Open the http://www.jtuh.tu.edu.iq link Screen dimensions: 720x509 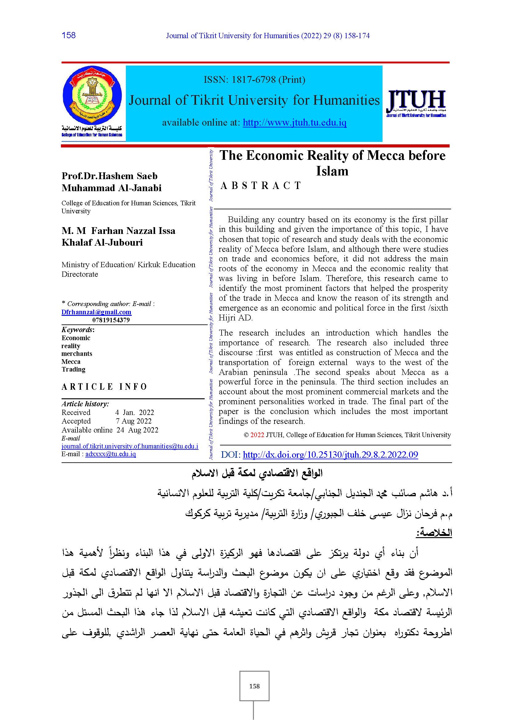(x=295, y=122)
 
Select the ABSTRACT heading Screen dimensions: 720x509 (x=261, y=186)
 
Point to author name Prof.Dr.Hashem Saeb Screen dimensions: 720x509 (x=109, y=176)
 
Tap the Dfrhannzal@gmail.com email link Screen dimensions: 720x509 (x=97, y=312)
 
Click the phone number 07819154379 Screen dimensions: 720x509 (x=111, y=320)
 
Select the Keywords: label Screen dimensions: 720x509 (x=78, y=330)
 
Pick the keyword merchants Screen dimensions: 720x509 (x=77, y=353)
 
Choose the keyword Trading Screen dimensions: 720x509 (x=73, y=369)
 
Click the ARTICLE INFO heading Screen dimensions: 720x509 (x=104, y=387)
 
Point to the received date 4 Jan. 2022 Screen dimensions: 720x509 (x=134, y=412)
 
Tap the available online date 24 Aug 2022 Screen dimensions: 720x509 (x=137, y=430)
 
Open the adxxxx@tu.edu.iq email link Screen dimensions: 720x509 (x=110, y=454)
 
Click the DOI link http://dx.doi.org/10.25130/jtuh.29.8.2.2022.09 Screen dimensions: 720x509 (x=330, y=454)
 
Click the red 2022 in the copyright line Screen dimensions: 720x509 (x=257, y=435)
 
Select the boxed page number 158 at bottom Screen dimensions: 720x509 (x=254, y=686)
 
